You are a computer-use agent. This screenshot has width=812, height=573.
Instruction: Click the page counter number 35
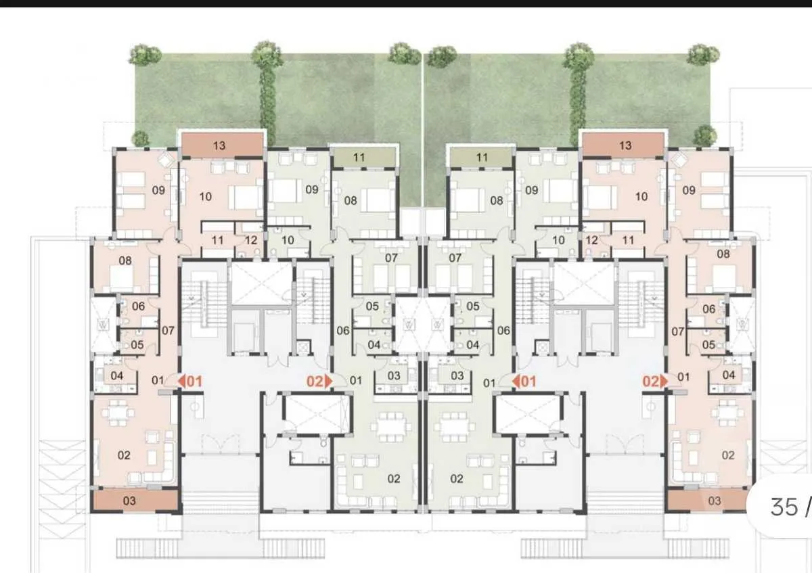(784, 507)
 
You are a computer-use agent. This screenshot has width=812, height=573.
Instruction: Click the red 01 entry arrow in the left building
(189, 382)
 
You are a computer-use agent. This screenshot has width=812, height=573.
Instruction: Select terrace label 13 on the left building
(219, 145)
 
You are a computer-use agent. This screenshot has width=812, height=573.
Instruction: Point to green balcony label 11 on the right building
(481, 158)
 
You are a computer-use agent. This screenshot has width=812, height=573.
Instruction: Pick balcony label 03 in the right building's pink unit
(714, 501)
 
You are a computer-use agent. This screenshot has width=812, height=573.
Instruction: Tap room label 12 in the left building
(251, 240)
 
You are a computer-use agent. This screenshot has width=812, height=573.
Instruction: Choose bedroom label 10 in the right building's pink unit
(641, 197)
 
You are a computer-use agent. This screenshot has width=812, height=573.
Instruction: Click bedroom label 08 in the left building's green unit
(351, 200)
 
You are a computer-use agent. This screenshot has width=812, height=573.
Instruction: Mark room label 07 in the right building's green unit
(455, 258)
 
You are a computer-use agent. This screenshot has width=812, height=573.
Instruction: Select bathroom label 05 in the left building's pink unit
(137, 345)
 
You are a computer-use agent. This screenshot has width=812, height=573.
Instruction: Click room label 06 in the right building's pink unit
(708, 308)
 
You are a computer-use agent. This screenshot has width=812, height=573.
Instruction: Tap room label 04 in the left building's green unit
(374, 345)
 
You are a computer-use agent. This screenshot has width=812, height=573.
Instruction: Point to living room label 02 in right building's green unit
(457, 479)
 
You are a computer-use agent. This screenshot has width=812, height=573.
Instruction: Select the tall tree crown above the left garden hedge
(267, 54)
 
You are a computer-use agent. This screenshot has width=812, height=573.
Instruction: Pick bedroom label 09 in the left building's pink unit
(158, 191)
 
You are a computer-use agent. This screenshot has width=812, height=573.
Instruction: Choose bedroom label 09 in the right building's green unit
(532, 190)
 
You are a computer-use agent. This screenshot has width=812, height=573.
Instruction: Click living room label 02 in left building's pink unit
(124, 455)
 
